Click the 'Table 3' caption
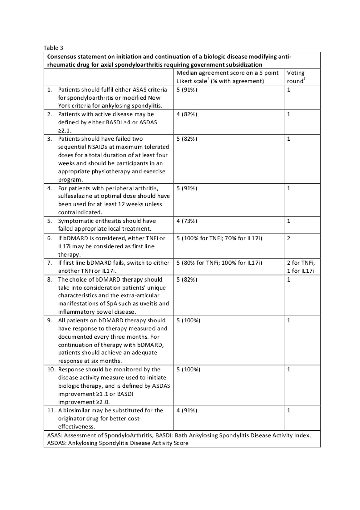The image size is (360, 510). (53, 48)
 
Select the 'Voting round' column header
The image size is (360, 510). (296, 77)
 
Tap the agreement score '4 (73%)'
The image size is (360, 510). (187, 221)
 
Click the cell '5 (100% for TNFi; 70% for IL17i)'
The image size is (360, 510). (219, 238)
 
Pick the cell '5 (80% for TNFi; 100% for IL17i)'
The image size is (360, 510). (219, 263)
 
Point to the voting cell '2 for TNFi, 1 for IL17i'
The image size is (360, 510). (301, 267)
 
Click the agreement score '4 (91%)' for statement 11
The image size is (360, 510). (187, 410)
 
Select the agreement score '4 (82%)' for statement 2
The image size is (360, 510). (187, 114)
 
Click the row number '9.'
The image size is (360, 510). (50, 320)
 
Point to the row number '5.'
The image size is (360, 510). (50, 221)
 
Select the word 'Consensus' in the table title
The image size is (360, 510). (61, 57)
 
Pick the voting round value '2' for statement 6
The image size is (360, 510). (289, 238)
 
